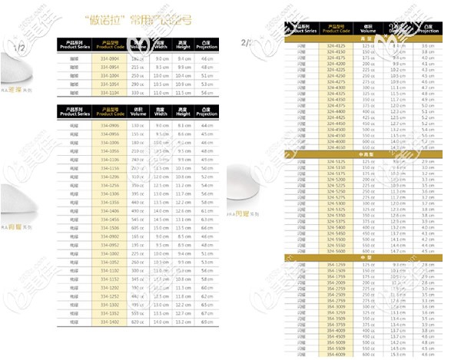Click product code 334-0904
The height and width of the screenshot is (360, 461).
pyautogui.click(x=109, y=58)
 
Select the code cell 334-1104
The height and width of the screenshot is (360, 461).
pyautogui.click(x=109, y=92)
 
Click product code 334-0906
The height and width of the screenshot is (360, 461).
pyautogui.click(x=109, y=124)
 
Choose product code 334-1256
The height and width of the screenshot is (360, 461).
pyautogui.click(x=109, y=185)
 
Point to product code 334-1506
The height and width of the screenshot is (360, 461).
pyautogui.click(x=109, y=228)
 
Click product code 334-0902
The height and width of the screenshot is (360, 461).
pyautogui.click(x=109, y=236)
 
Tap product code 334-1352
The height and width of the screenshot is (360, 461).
pyautogui.click(x=109, y=313)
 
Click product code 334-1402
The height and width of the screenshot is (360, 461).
pyautogui.click(x=109, y=322)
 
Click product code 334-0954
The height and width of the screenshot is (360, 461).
pyautogui.click(x=109, y=66)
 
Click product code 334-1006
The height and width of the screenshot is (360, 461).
pyautogui.click(x=109, y=142)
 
